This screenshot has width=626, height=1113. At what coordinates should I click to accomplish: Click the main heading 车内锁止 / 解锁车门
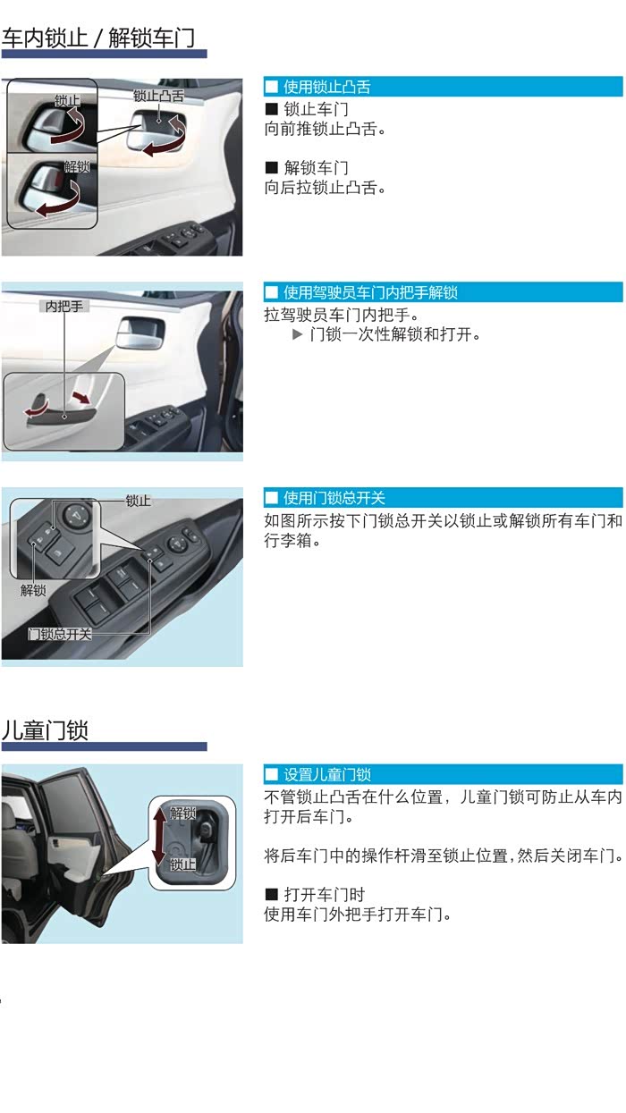pyautogui.click(x=98, y=38)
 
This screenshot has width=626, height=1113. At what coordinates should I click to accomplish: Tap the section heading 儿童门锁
pyautogui.click(x=45, y=730)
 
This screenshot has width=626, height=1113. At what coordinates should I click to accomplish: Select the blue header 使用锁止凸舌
pyautogui.click(x=326, y=87)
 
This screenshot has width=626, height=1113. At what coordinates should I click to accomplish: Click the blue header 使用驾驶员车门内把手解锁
pyautogui.click(x=370, y=292)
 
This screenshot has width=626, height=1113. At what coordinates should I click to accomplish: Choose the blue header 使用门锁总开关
pyautogui.click(x=334, y=498)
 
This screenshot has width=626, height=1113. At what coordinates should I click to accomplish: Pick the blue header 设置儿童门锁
pyautogui.click(x=326, y=774)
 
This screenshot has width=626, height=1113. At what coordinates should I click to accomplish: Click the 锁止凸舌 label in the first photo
pyautogui.click(x=158, y=96)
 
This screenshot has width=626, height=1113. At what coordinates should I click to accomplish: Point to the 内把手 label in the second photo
pyautogui.click(x=64, y=307)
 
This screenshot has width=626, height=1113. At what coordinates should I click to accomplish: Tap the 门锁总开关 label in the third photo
pyautogui.click(x=60, y=634)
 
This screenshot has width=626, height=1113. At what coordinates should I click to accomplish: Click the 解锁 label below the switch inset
pyautogui.click(x=33, y=590)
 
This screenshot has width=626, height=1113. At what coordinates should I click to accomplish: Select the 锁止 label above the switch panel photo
pyautogui.click(x=138, y=501)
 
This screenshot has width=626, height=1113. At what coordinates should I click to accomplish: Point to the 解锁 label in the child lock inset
pyautogui.click(x=182, y=814)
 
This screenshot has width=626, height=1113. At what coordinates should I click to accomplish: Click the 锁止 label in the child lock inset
pyautogui.click(x=182, y=864)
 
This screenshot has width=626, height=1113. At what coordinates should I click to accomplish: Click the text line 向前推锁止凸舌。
pyautogui.click(x=326, y=130)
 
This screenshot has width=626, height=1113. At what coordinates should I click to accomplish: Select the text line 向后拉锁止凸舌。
pyautogui.click(x=326, y=188)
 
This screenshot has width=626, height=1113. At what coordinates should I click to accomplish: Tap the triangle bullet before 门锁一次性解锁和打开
pyautogui.click(x=297, y=334)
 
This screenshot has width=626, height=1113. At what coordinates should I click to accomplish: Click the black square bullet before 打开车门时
pyautogui.click(x=272, y=894)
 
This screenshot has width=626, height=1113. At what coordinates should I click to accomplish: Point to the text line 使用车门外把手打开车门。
pyautogui.click(x=358, y=915)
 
